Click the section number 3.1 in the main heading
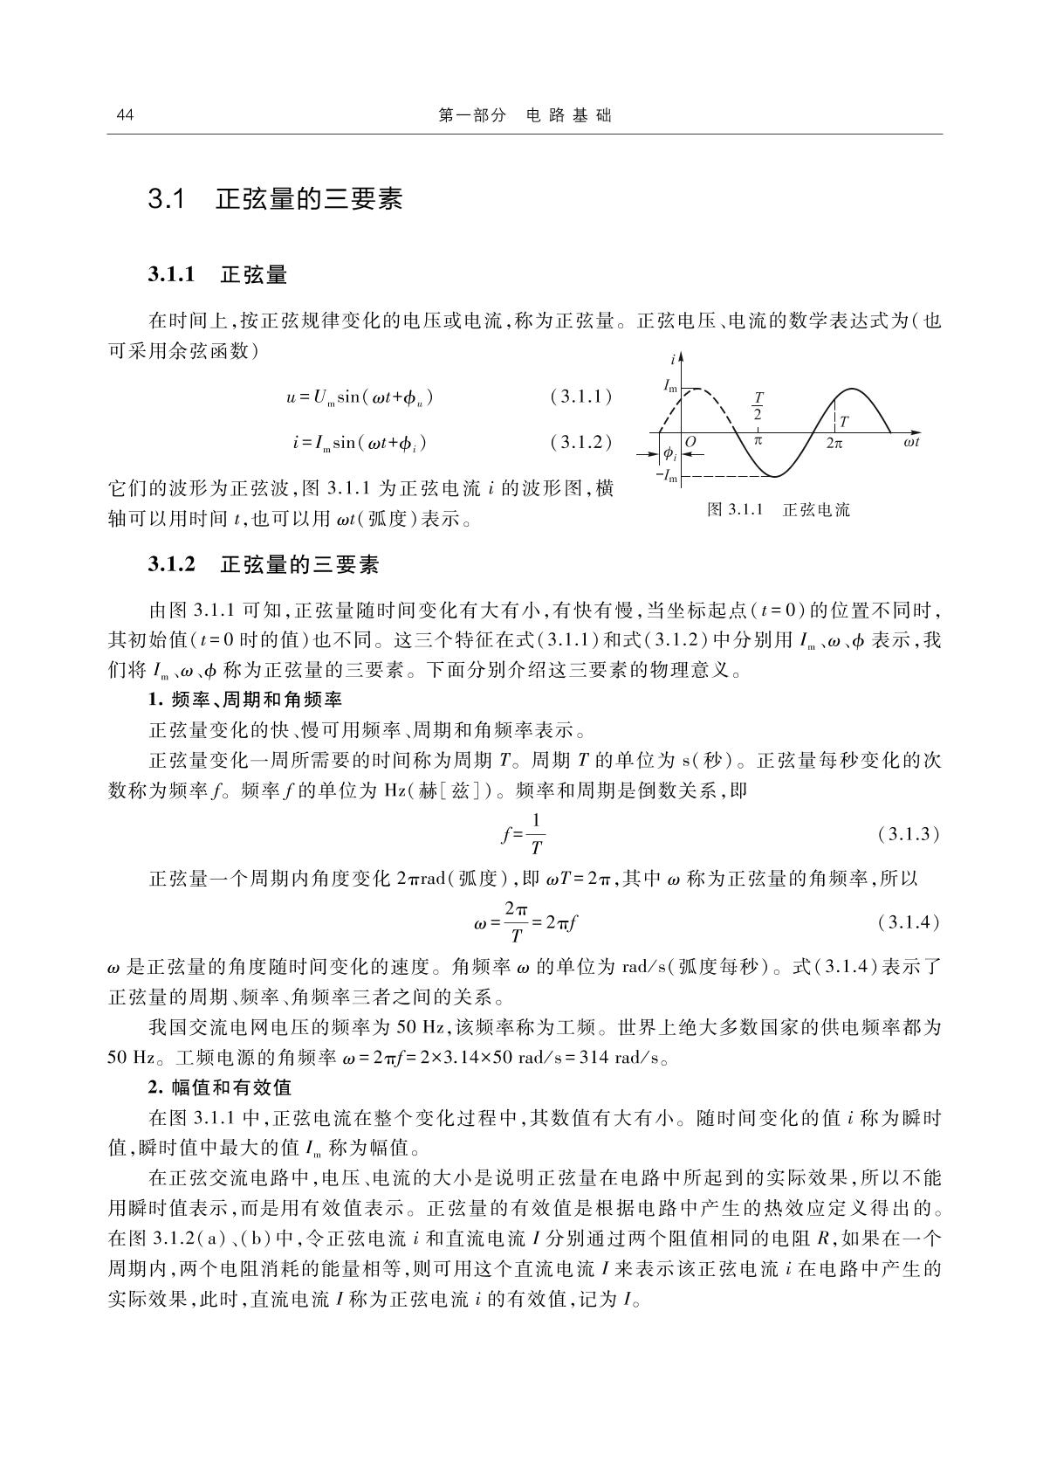click(166, 200)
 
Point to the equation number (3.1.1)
click(581, 397)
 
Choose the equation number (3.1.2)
click(581, 443)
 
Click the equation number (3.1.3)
click(909, 834)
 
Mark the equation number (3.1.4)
click(909, 921)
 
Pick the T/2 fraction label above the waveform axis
click(758, 405)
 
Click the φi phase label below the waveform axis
click(669, 454)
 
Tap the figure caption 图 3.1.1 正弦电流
click(778, 509)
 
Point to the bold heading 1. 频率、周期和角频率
click(244, 700)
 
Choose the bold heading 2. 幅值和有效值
click(219, 1087)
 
